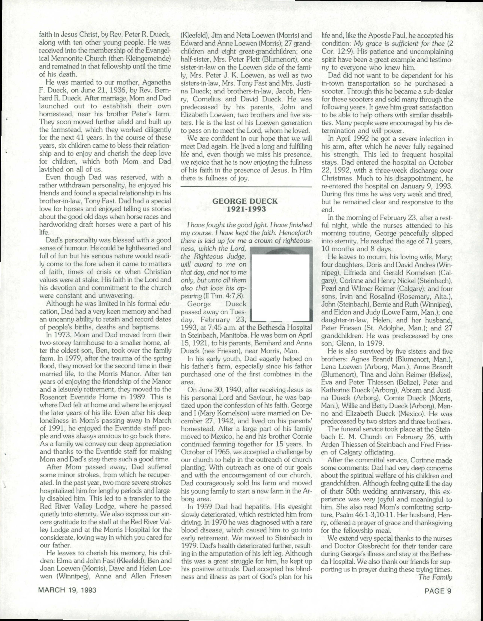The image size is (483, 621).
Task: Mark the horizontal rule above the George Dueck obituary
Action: pyautogui.click(x=246, y=187)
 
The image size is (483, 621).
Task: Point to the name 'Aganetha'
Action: pyautogui.click(x=156, y=82)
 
